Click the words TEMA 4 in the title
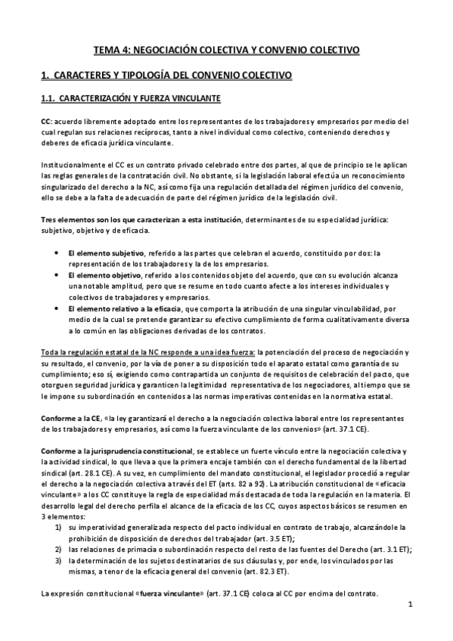pyautogui.click(x=110, y=50)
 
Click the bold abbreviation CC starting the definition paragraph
pyautogui.click(x=45, y=122)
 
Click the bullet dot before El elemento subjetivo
pyautogui.click(x=59, y=253)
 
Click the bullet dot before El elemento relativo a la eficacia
pyautogui.click(x=59, y=309)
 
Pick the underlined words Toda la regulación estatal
pyautogui.click(x=84, y=352)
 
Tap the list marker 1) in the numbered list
pyautogui.click(x=58, y=527)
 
